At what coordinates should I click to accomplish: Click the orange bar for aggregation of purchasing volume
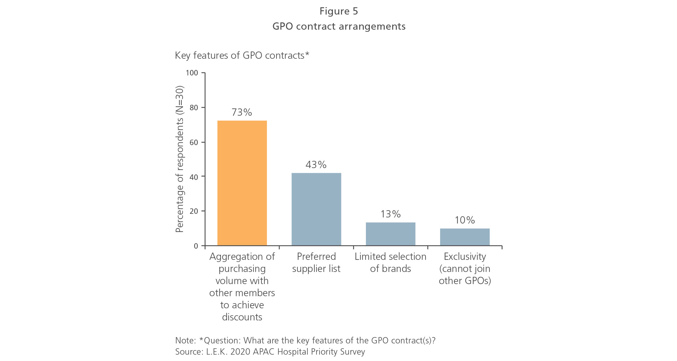point(242,183)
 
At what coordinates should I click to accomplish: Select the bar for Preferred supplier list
point(316,209)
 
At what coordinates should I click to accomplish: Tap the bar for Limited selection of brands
point(390,234)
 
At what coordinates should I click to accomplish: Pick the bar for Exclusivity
point(465,237)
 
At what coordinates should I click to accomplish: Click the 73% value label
point(241,112)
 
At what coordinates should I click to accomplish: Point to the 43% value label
point(316,165)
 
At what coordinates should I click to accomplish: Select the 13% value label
point(390,214)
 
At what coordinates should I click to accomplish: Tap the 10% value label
point(465,220)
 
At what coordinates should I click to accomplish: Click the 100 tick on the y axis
point(192,73)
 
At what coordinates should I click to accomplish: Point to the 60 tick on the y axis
point(194,142)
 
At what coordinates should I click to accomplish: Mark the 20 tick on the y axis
point(194,211)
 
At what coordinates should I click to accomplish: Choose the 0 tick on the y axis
point(196,246)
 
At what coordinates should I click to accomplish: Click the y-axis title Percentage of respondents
point(180,159)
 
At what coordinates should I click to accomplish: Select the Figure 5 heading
point(339,11)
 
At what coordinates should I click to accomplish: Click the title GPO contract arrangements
point(339,26)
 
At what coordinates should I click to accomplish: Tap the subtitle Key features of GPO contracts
point(242,55)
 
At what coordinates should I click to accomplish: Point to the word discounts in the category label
point(242,317)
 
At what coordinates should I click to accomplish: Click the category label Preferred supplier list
point(316,263)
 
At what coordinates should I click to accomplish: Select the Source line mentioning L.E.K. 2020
point(270,352)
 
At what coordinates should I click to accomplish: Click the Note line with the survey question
point(305,340)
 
